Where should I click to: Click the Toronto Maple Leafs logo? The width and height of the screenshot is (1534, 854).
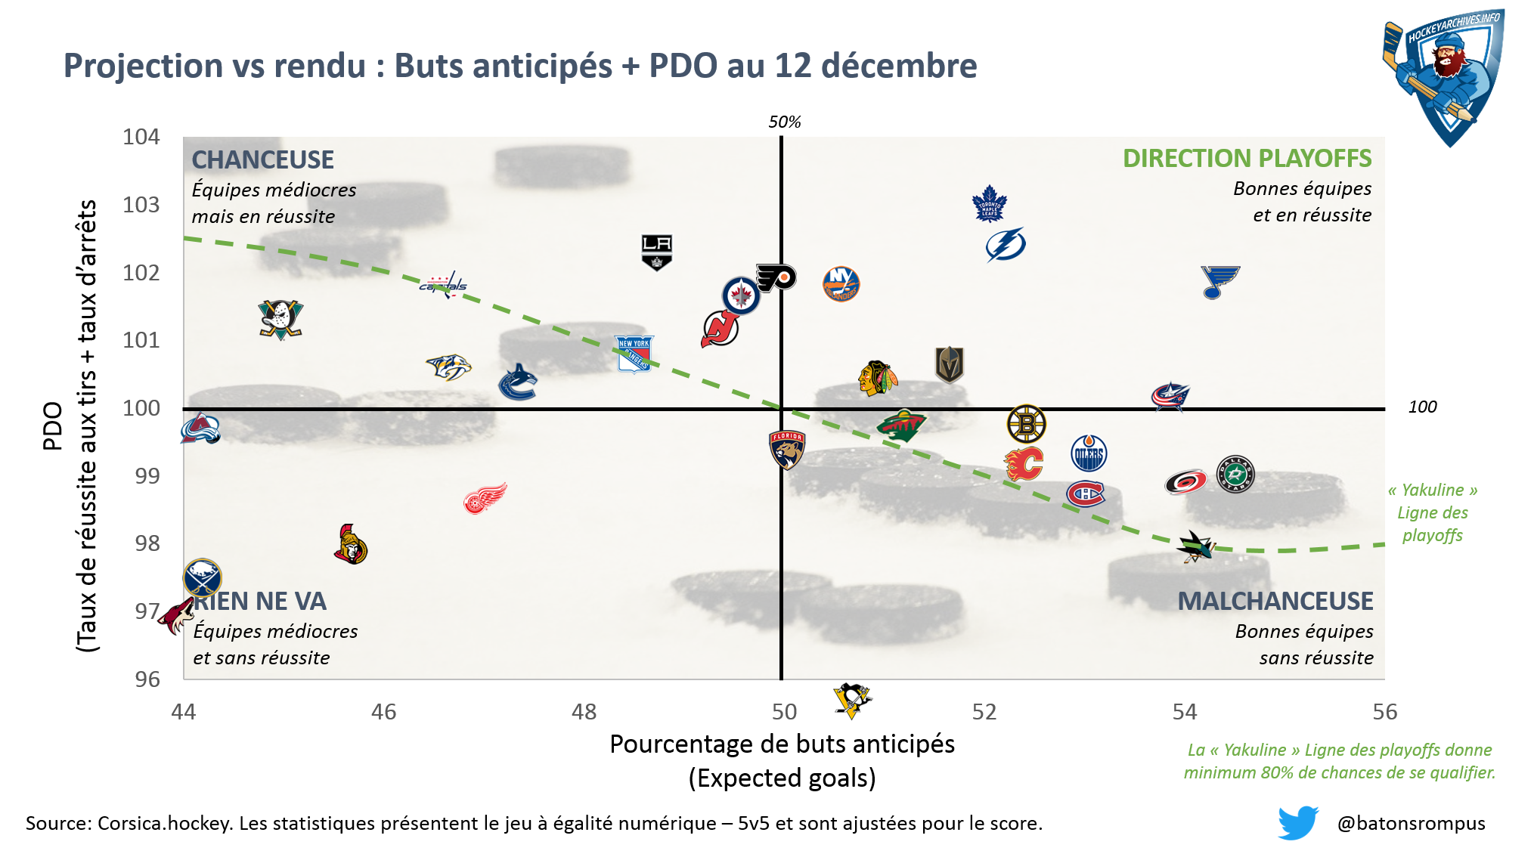tap(989, 203)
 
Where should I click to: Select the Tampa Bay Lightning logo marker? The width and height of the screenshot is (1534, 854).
tap(1006, 245)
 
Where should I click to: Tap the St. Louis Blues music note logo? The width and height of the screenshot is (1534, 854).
tap(1219, 282)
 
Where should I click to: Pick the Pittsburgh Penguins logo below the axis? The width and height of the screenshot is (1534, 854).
tap(852, 700)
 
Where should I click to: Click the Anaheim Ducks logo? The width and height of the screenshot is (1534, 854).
tap(280, 319)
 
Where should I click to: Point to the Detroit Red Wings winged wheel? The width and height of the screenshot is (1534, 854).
tap(485, 499)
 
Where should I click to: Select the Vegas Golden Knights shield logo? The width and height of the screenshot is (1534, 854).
tap(949, 364)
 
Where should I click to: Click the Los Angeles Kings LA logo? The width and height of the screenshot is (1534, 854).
tap(656, 252)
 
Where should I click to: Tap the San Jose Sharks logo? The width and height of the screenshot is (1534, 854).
tap(1196, 546)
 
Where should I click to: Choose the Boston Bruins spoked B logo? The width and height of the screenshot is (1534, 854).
tap(1026, 424)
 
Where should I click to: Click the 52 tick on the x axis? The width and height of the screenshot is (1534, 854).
tap(984, 712)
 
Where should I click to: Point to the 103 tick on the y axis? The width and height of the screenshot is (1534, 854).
tap(141, 205)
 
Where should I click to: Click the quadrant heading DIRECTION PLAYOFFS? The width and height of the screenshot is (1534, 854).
tap(1247, 159)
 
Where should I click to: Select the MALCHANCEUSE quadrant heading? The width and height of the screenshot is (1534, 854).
tap(1275, 602)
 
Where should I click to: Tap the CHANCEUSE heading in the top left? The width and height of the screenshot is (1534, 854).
tap(262, 160)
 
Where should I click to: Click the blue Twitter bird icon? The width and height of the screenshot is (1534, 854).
tap(1297, 822)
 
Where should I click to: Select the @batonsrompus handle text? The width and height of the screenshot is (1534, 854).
tap(1411, 823)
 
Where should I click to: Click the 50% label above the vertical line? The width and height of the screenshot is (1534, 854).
tap(784, 122)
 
